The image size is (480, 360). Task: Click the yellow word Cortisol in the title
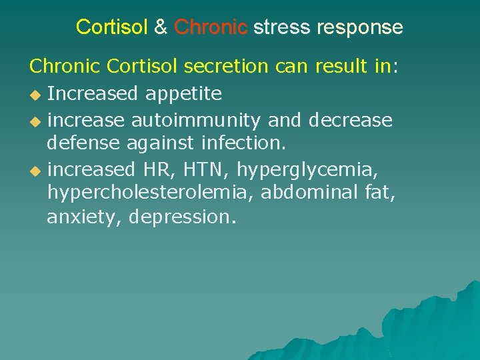tap(112, 27)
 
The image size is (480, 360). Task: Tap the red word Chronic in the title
tap(211, 27)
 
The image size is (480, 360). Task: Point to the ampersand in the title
tap(161, 27)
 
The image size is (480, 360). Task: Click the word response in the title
tap(359, 28)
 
